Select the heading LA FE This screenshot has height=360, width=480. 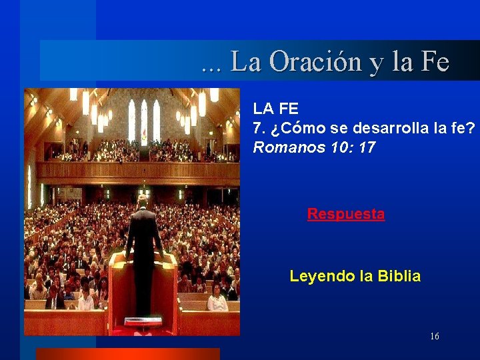click(275, 109)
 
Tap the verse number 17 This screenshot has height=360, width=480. click(367, 147)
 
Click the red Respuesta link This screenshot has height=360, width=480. click(345, 214)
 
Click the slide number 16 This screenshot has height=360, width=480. click(434, 337)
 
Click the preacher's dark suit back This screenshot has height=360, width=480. click(143, 233)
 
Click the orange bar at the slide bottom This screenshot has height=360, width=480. click(127, 354)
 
